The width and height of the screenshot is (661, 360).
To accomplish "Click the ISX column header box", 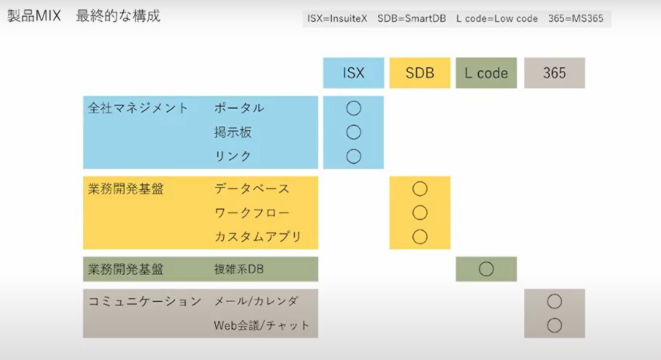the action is pos(354,73).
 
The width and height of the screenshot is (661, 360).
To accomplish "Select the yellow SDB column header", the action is pos(420,73).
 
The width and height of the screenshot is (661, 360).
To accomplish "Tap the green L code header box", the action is pos(486,73).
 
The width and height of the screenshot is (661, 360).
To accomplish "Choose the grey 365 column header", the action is pos(554,73).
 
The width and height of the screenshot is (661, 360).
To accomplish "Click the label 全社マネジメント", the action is pos(138,108).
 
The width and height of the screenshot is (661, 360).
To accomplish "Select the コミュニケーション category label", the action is pos(145,302).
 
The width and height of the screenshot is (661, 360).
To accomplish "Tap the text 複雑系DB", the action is pos(239,269).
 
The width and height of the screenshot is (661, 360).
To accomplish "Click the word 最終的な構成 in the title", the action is pos(118,16).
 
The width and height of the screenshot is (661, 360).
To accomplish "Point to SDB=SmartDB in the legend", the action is pos(412,19).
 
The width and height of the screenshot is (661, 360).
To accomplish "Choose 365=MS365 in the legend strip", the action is pos(576,19).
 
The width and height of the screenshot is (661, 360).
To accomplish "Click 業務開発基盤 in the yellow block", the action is pos(125,189).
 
